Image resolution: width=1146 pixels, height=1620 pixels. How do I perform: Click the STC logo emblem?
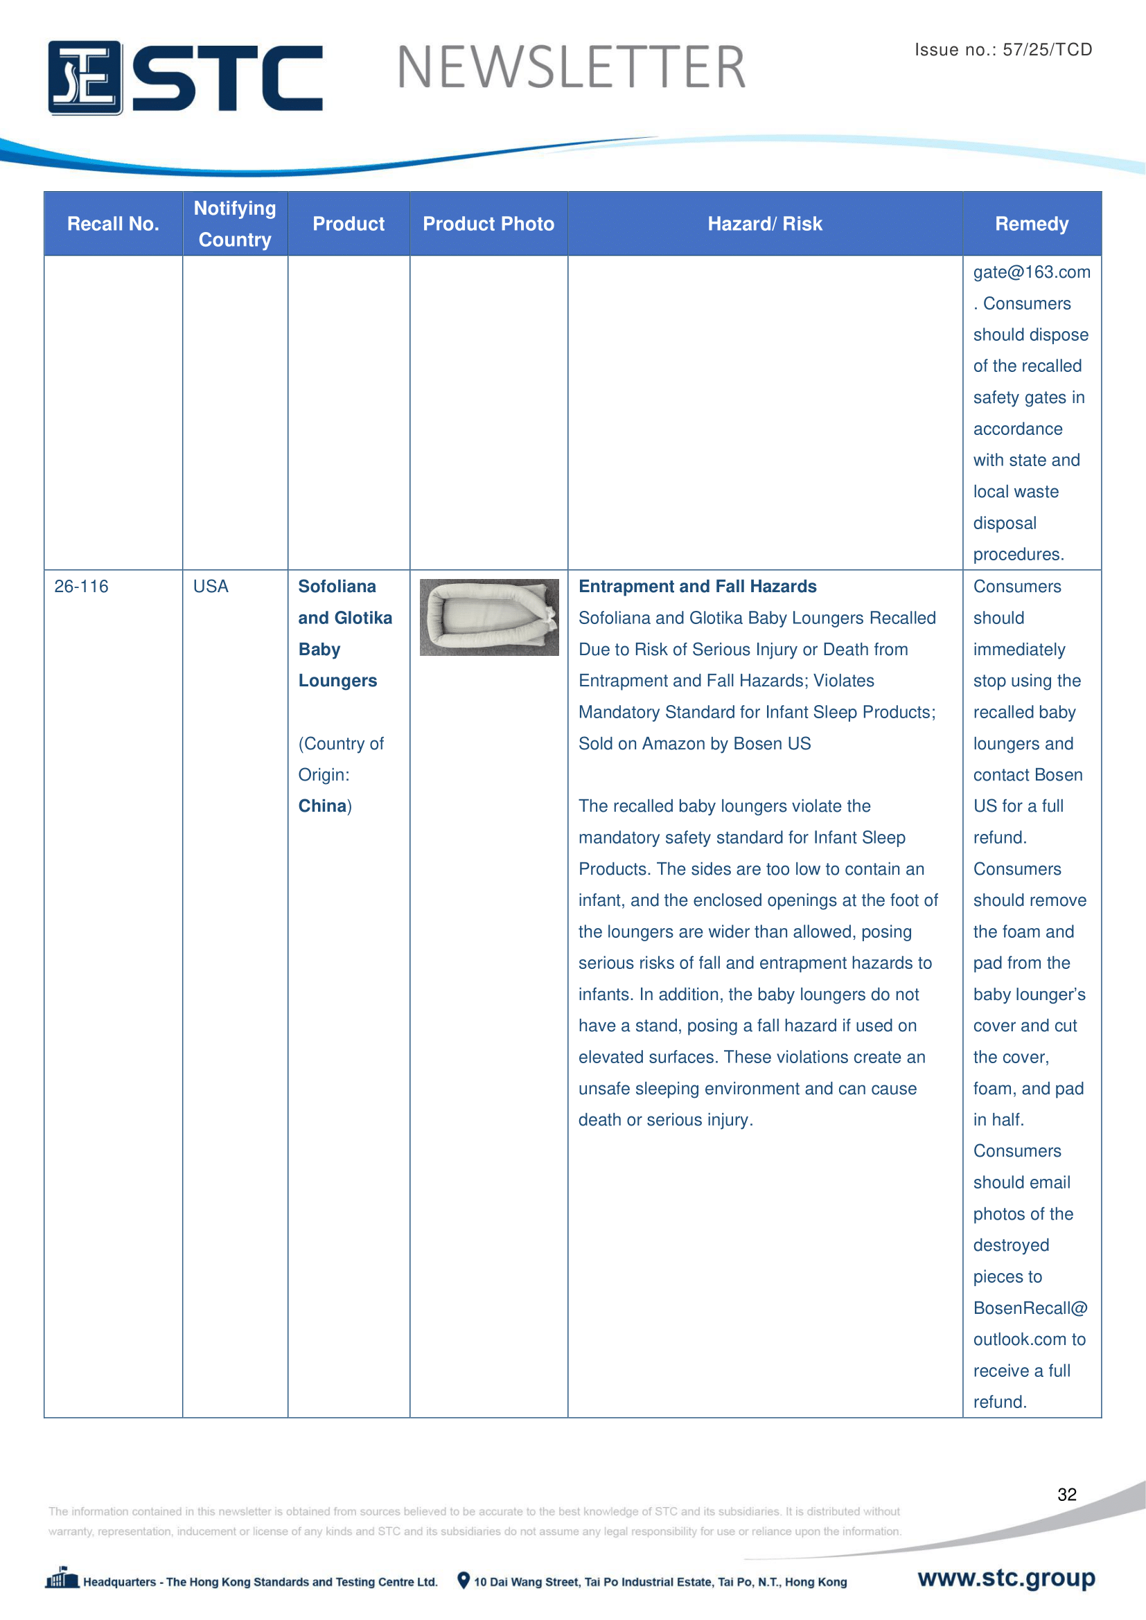85,78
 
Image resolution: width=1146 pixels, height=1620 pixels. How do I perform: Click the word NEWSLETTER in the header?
571,68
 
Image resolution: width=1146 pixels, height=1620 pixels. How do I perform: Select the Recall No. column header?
113,224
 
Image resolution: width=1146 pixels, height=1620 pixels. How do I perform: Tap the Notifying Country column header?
235,224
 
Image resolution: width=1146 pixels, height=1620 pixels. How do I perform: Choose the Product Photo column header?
488,224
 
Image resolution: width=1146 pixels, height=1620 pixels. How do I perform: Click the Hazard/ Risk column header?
765,224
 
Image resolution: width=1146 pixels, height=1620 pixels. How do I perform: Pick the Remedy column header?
1031,224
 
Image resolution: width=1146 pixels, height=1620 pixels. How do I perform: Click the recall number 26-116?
81,587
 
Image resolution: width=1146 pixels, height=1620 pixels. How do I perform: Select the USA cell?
211,587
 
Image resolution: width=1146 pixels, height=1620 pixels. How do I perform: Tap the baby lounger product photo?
489,617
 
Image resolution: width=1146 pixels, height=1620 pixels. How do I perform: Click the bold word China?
322,805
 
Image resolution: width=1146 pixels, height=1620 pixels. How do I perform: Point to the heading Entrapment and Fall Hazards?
697,587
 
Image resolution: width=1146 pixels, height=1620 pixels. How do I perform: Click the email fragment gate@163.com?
1031,272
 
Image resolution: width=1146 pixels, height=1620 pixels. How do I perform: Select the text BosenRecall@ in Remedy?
1030,1308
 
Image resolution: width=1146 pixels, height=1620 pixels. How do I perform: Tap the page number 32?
1066,1495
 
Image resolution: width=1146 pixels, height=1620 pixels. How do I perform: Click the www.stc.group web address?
1006,1578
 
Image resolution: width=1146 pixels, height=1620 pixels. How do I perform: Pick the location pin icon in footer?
463,1581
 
